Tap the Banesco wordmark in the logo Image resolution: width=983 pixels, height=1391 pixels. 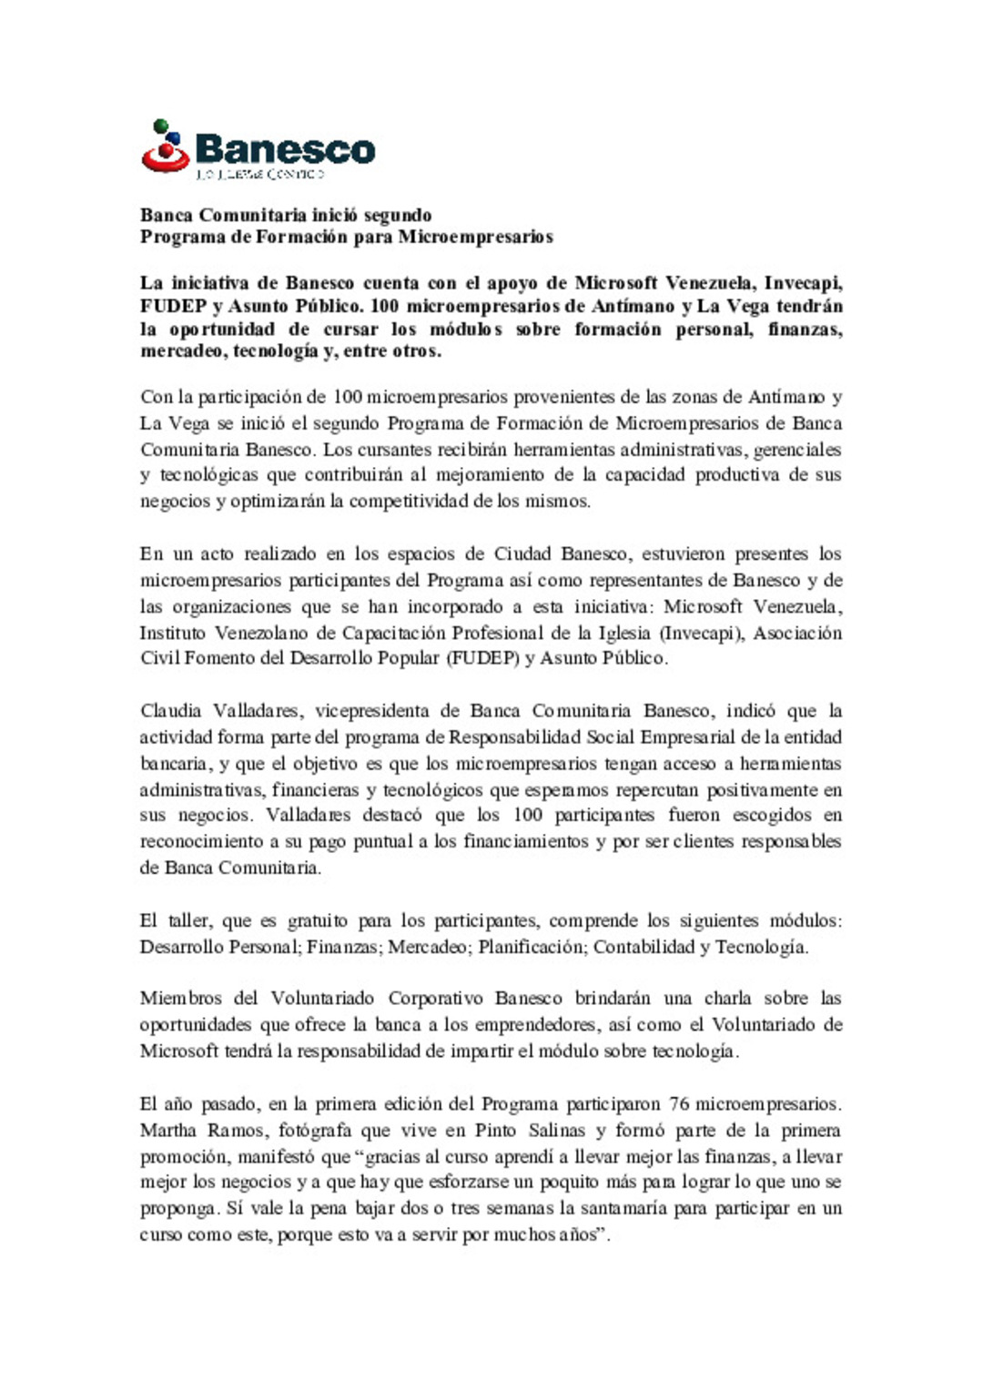[285, 149]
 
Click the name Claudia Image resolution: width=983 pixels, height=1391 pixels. [170, 711]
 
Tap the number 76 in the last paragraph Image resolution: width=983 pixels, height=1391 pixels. [678, 1104]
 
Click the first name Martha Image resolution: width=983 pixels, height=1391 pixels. [168, 1131]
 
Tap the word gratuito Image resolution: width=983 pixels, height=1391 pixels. [318, 920]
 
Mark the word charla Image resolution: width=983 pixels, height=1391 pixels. [727, 999]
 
